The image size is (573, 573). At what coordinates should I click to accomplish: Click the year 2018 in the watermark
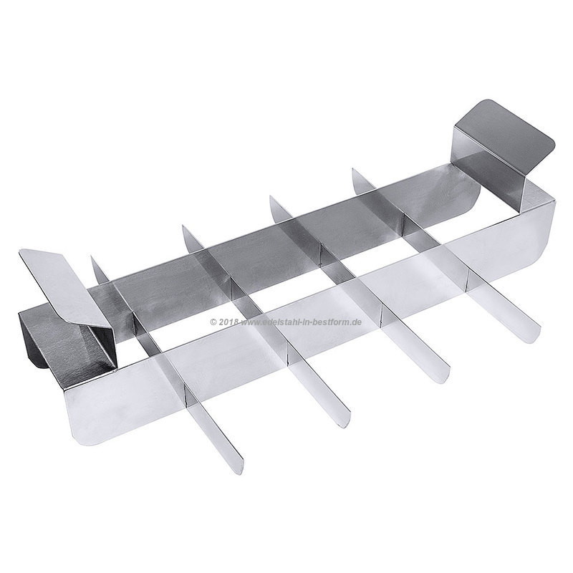(x=228, y=322)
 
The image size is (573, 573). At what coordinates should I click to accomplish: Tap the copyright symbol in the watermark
(x=213, y=322)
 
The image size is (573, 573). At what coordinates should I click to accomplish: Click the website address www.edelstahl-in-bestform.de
(x=301, y=322)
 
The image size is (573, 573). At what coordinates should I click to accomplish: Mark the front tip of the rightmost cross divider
(x=534, y=339)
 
